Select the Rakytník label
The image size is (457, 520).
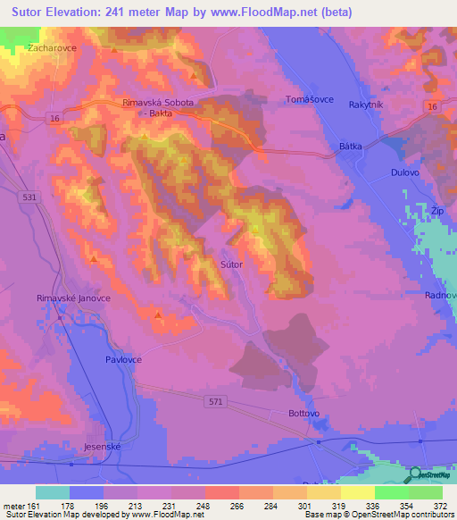(x=366, y=104)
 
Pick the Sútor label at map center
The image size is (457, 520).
(x=231, y=264)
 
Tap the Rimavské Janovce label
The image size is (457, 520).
(x=73, y=298)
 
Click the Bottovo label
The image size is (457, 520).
(x=304, y=414)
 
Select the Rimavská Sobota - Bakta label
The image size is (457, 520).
(x=158, y=108)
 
